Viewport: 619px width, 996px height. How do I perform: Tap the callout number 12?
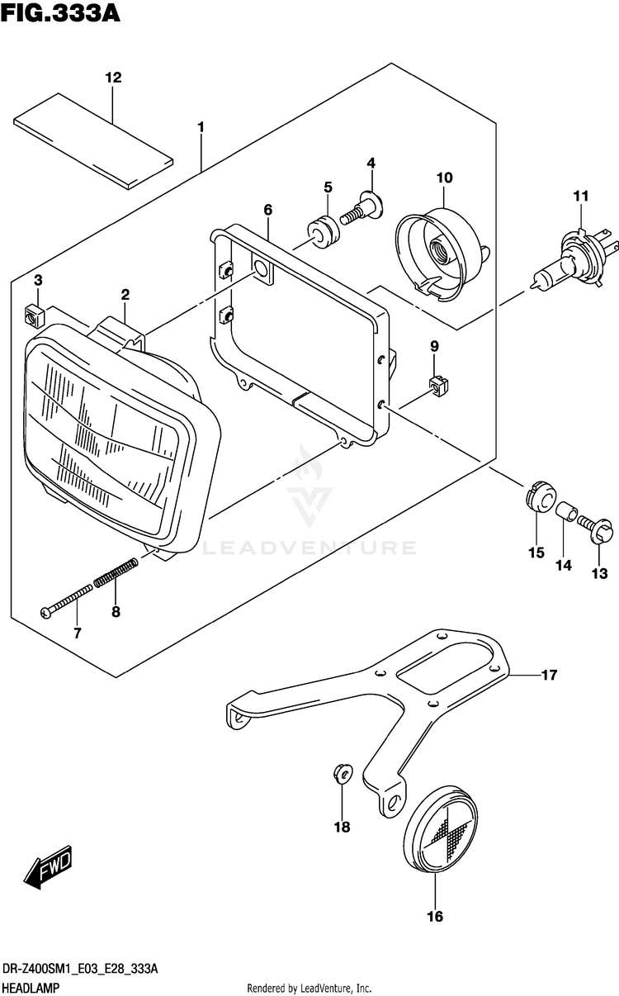pyautogui.click(x=113, y=78)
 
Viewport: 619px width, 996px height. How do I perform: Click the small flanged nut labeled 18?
pyautogui.click(x=342, y=773)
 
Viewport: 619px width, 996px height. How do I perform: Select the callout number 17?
pyautogui.click(x=549, y=676)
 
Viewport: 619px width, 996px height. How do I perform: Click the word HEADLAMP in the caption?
pyautogui.click(x=33, y=989)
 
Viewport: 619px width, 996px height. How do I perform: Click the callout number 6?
pyautogui.click(x=268, y=210)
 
